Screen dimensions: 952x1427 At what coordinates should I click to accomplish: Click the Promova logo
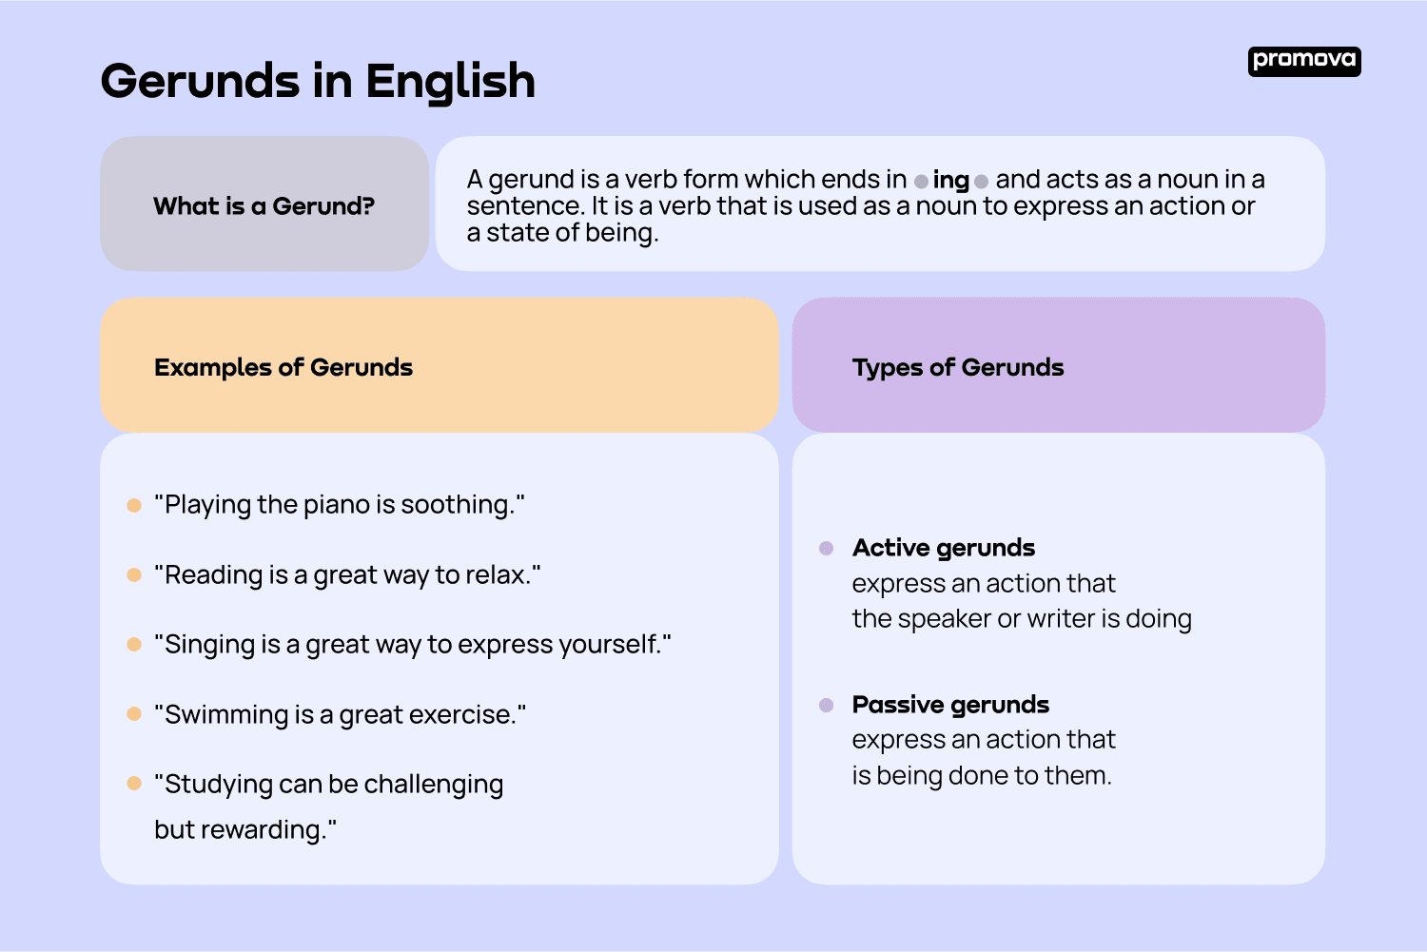pyautogui.click(x=1303, y=61)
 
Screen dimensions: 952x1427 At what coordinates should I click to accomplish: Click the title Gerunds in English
pyautogui.click(x=318, y=82)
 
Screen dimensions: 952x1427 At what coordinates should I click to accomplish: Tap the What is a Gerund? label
pyautogui.click(x=264, y=206)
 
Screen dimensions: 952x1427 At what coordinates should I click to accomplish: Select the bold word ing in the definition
pyautogui.click(x=950, y=180)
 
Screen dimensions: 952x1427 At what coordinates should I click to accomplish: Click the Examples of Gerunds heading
pyautogui.click(x=283, y=368)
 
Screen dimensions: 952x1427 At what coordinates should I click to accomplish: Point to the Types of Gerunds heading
pyautogui.click(x=957, y=368)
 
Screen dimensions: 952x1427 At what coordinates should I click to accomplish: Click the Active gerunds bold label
pyautogui.click(x=943, y=548)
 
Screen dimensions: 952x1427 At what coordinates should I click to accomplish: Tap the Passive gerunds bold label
pyautogui.click(x=949, y=705)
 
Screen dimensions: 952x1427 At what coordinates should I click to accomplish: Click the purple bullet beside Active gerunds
pyautogui.click(x=826, y=548)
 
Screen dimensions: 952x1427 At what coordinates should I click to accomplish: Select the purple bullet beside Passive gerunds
pyautogui.click(x=826, y=705)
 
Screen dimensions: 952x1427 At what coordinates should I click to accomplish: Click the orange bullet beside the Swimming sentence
pyautogui.click(x=134, y=714)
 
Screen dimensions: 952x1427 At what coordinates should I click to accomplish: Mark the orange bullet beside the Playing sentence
pyautogui.click(x=134, y=505)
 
